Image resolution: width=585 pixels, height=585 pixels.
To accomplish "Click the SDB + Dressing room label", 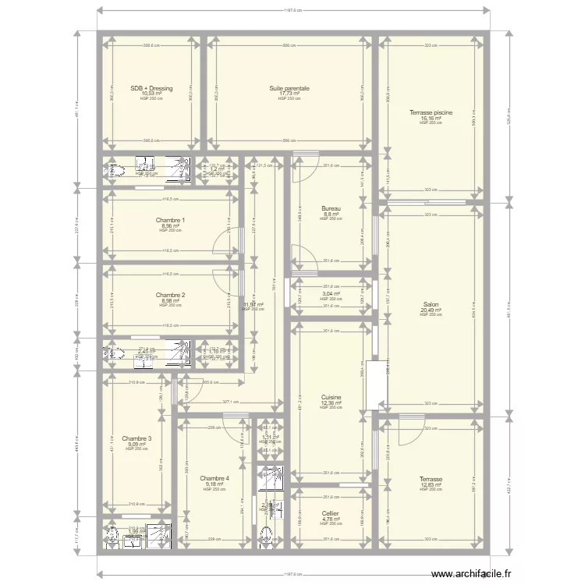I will point(151,89).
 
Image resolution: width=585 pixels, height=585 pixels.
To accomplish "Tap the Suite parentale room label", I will point(289,89).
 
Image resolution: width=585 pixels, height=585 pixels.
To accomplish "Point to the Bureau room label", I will point(331,208).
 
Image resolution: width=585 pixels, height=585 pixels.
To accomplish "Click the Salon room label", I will point(431,305).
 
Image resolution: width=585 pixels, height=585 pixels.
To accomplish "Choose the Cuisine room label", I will point(331,397).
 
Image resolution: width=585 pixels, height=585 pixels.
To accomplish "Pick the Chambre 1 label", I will point(170,221).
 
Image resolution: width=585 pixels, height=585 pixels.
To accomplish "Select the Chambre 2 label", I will point(170,295).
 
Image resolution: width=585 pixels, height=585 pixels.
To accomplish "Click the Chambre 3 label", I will point(136,438).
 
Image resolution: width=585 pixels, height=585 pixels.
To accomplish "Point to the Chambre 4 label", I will point(214,478).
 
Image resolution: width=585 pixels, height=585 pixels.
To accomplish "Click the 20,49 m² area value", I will point(431,310).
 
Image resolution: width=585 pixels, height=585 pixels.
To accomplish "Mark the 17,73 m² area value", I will point(289,94).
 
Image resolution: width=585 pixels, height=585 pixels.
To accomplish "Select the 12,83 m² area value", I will point(431,484).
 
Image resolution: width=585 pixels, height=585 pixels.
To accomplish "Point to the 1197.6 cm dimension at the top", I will point(292,11).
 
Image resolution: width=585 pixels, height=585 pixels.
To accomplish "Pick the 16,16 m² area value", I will point(431,118).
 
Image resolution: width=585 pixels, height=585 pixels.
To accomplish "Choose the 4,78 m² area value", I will point(331,519).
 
